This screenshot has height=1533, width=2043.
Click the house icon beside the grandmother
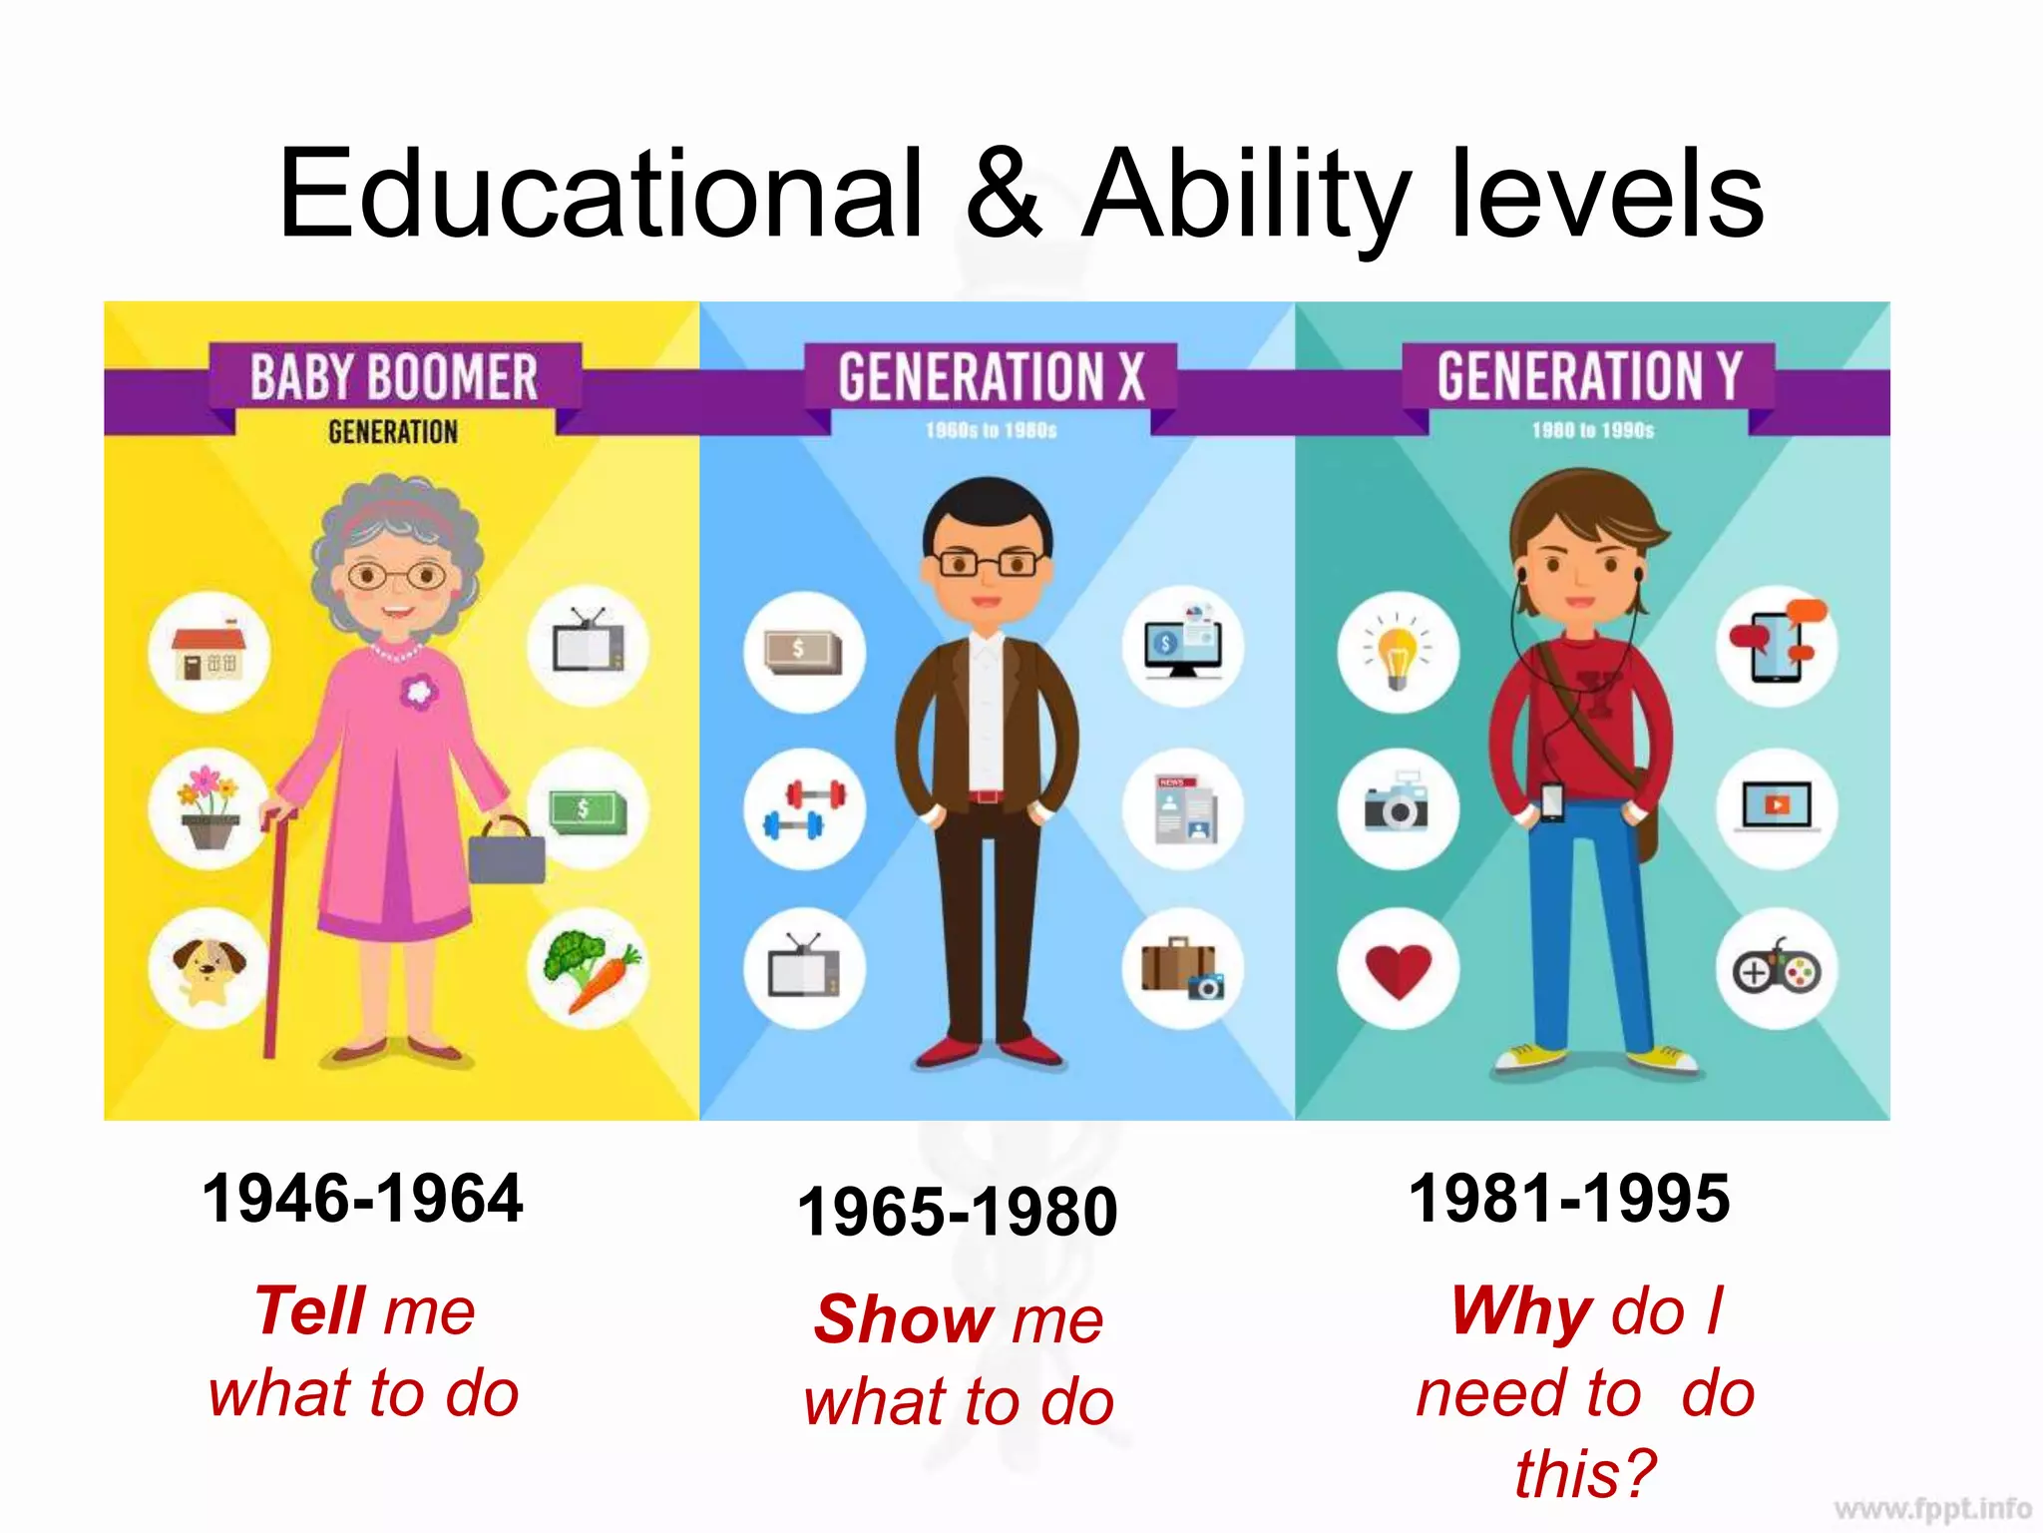208,653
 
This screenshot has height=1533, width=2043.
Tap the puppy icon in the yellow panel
208,968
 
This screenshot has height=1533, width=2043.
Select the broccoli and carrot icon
589,968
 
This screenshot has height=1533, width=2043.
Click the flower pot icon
208,808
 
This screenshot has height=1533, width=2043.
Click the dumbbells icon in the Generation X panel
804,808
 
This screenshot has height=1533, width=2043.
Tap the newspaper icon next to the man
1184,808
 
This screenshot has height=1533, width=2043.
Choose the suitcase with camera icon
1184,968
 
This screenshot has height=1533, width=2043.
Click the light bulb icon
1399,653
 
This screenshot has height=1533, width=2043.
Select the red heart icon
1399,968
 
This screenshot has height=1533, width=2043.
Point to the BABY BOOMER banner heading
394,377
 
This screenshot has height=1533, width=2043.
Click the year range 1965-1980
958,1212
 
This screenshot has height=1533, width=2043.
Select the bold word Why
1522,1309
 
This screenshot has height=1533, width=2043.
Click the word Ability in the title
1247,195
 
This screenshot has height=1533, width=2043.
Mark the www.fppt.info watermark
1932,1508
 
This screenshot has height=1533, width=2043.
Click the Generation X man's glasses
989,564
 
